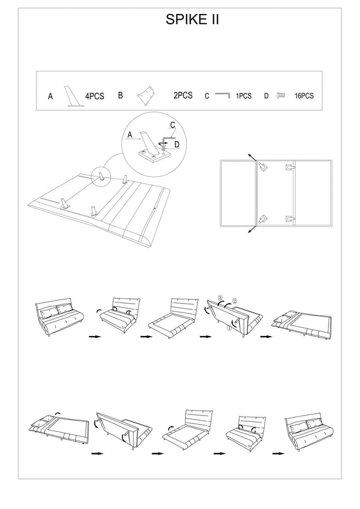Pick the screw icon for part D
point(281,95)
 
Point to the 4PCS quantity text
point(94,96)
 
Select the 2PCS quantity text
point(182,95)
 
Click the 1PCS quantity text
point(244,96)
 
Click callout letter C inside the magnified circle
point(172,125)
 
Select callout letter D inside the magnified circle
point(177,143)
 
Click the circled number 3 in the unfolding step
point(220,298)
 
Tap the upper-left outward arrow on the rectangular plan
point(250,157)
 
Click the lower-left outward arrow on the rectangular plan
point(250,230)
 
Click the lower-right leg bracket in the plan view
point(289,218)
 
